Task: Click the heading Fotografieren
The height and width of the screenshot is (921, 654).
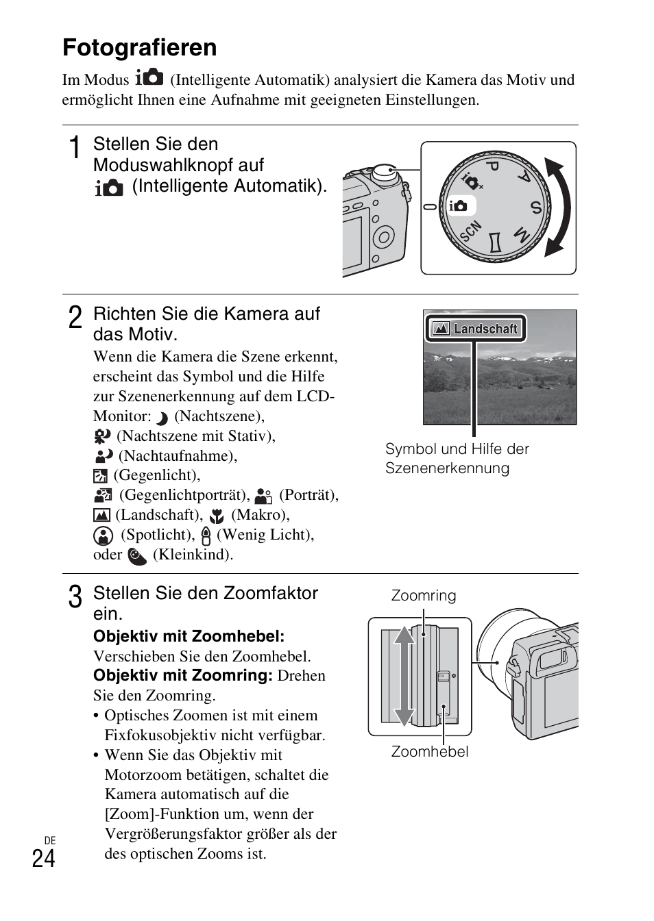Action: [139, 47]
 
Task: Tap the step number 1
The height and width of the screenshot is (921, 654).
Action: [75, 148]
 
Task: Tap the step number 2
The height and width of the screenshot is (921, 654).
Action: [75, 318]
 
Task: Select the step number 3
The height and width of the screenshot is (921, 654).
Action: [75, 597]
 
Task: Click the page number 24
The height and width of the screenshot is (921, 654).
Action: [43, 859]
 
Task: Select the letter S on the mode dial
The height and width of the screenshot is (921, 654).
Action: [535, 207]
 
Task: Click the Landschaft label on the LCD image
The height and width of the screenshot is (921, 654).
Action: [485, 329]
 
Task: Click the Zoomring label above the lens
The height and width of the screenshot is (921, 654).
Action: [423, 596]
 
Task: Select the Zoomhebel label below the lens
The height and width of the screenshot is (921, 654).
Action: [430, 752]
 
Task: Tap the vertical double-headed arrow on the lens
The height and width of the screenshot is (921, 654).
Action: [404, 675]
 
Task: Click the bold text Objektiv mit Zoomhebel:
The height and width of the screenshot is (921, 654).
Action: [189, 636]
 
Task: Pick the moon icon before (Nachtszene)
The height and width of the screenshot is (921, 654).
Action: [162, 418]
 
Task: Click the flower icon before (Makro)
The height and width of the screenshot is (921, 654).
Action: [217, 516]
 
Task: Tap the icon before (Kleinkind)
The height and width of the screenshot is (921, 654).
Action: [137, 556]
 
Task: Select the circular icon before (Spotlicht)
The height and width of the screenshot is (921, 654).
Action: [103, 535]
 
